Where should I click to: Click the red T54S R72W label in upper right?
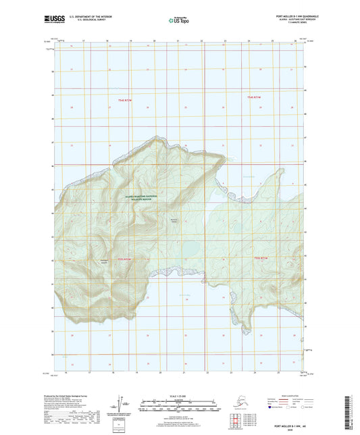click(x=255, y=99)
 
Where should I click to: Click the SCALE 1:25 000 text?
click(x=179, y=395)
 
